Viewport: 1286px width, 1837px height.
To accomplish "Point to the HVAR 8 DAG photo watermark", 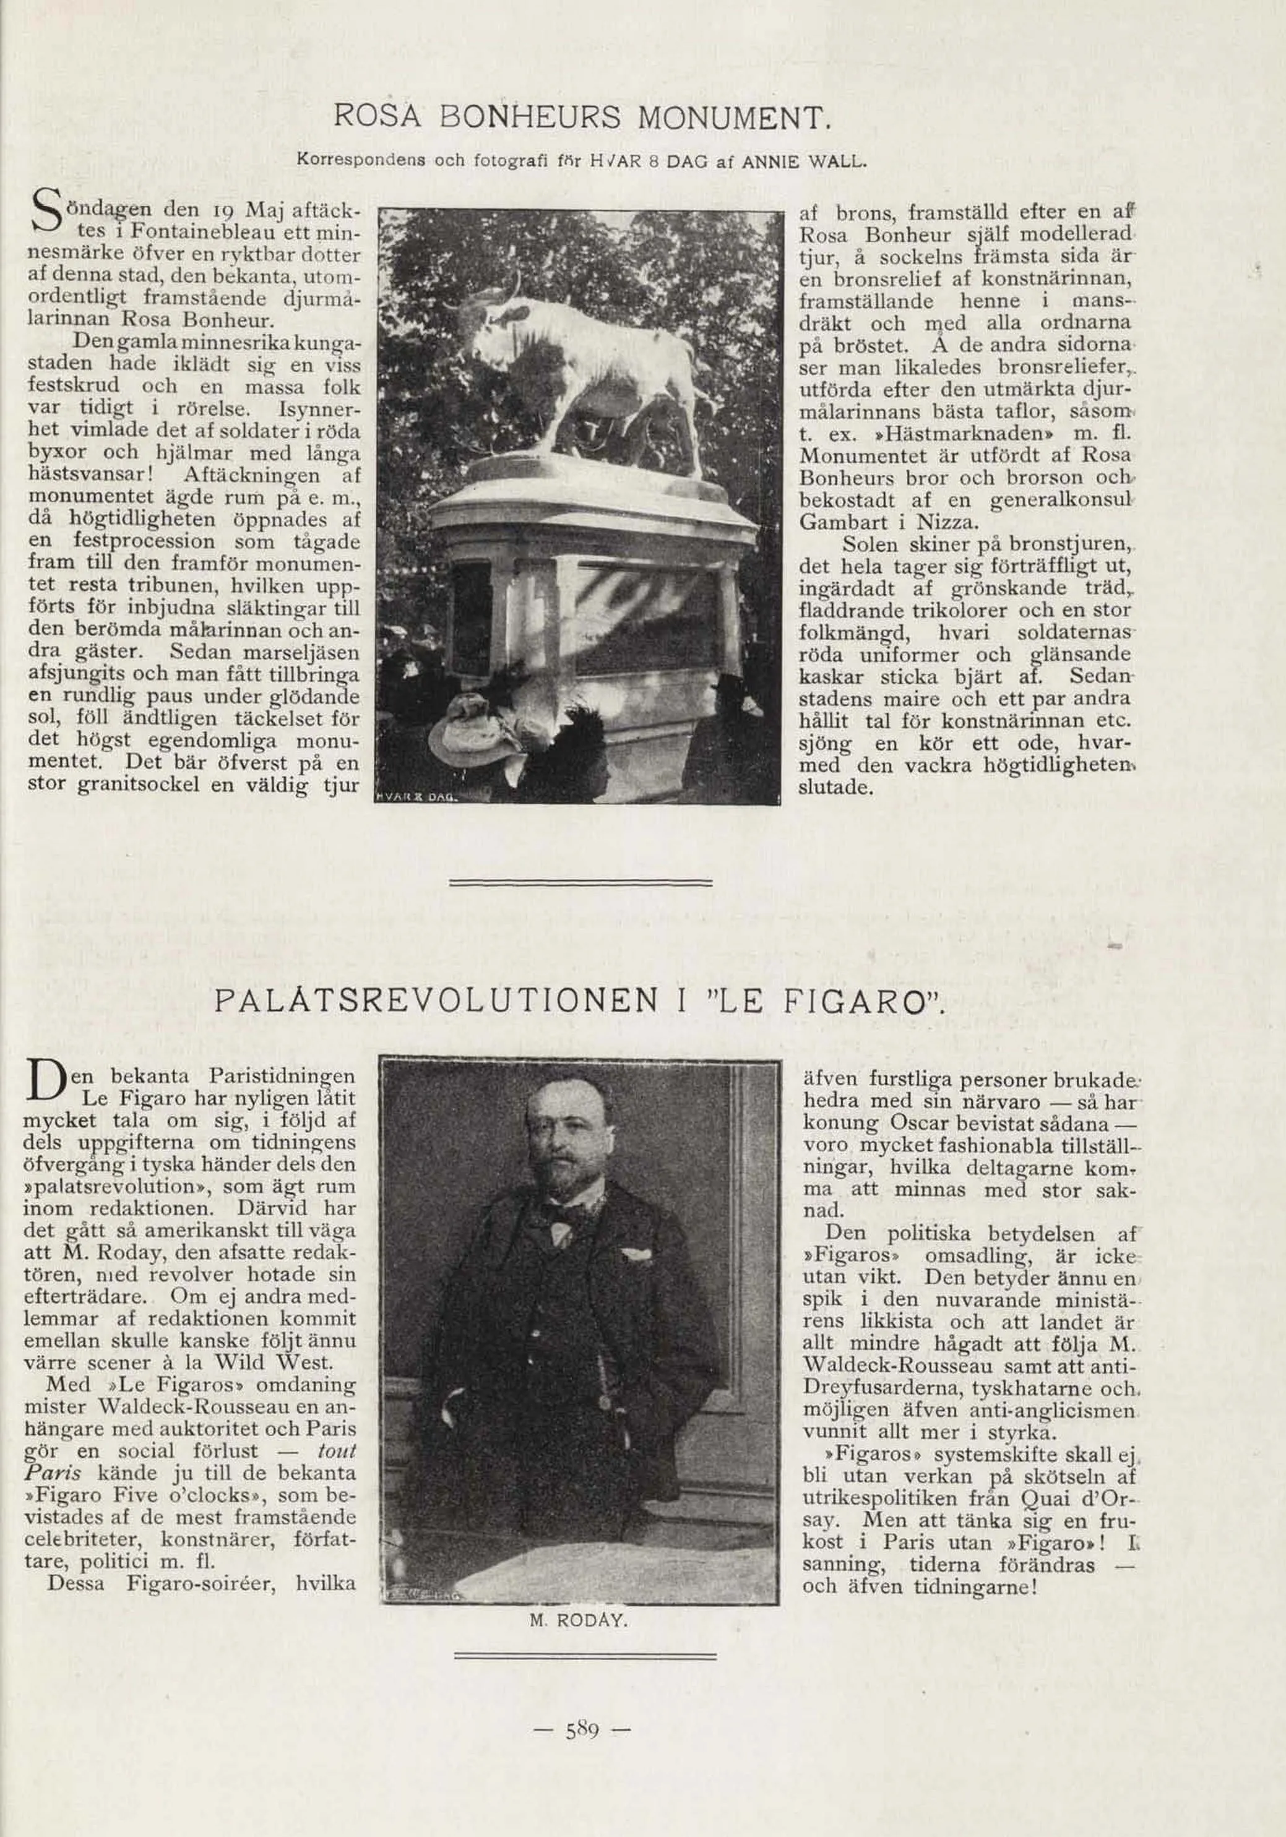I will tap(414, 798).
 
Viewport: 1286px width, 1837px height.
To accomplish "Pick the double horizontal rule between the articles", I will tap(581, 882).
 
